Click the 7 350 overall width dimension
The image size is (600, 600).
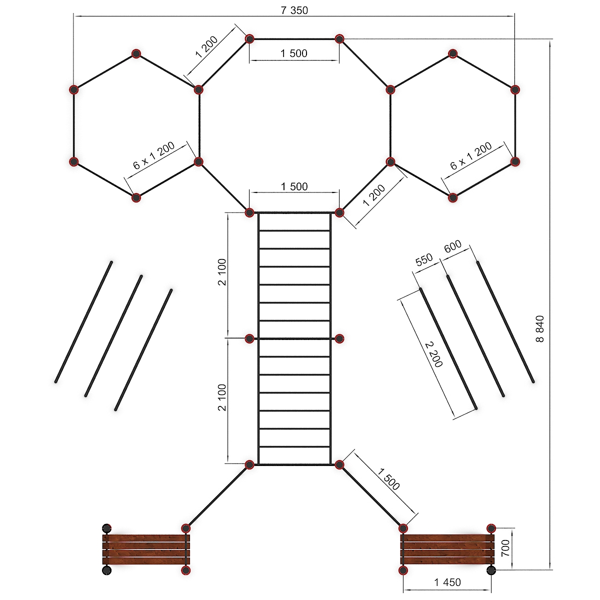coord(294,10)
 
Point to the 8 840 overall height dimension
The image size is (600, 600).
coord(539,329)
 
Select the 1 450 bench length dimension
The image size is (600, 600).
coord(447,582)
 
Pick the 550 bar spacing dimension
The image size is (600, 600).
coord(424,259)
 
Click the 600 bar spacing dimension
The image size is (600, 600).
coord(452,246)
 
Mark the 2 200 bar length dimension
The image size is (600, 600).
coord(433,354)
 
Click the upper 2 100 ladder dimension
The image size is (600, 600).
coord(222,272)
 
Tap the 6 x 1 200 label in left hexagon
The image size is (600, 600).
coord(154,155)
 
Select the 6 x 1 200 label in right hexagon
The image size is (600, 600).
coord(471,155)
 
